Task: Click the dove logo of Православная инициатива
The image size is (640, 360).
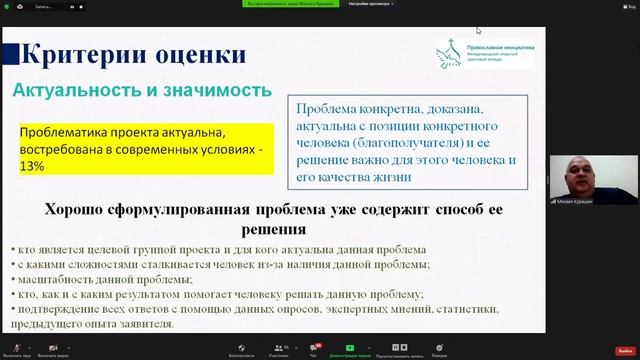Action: point(448,54)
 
